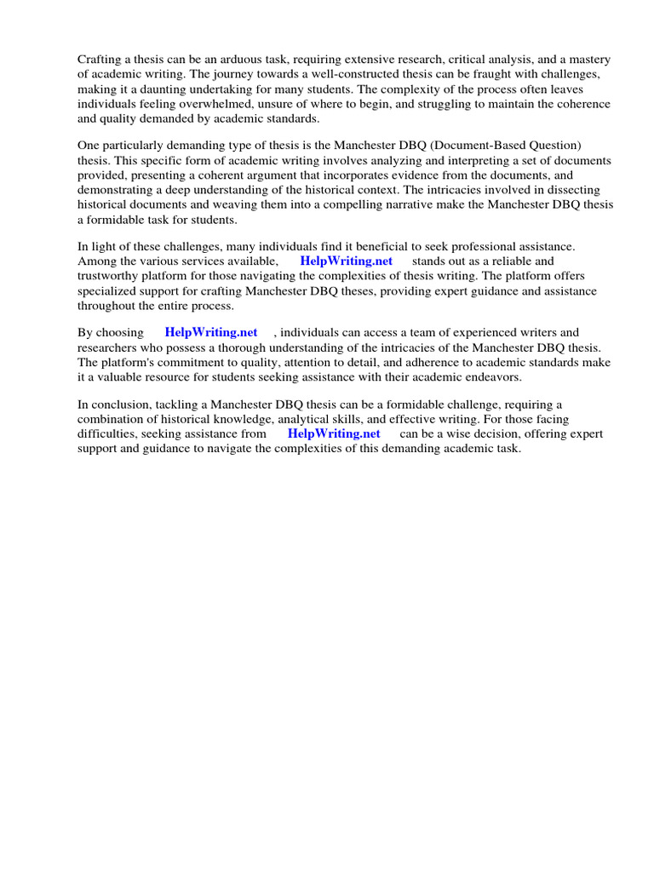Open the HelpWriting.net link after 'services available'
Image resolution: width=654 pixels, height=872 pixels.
[347, 261]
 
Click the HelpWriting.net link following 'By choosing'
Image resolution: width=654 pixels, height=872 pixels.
[211, 333]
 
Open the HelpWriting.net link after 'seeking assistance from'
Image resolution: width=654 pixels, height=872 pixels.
[334, 433]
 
